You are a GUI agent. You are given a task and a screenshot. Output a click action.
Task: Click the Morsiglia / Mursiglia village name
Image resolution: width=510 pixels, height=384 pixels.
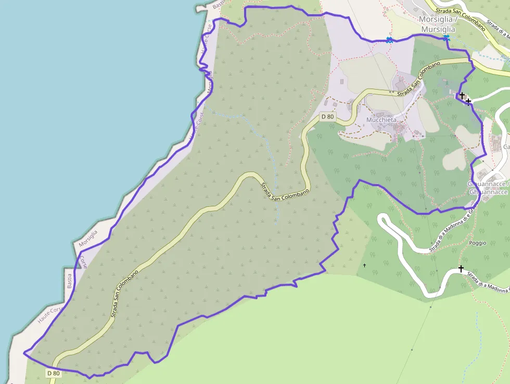[x=438, y=24]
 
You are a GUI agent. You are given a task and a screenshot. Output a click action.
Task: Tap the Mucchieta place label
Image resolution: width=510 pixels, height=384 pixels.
[x=381, y=120]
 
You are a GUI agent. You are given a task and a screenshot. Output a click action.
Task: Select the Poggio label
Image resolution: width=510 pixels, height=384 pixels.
[x=477, y=243]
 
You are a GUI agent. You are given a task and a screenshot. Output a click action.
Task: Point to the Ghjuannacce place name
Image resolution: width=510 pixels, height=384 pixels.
[x=488, y=188]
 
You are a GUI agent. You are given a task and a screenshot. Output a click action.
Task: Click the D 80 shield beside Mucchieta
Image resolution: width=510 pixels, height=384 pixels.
[x=327, y=117]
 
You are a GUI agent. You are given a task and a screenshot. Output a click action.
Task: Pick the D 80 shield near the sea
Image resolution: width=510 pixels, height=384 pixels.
[x=54, y=373]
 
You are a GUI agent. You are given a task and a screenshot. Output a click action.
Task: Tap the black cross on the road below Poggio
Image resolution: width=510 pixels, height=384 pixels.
[x=461, y=268]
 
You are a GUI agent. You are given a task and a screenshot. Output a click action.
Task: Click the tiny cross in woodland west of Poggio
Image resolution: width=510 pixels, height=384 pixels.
[x=364, y=266]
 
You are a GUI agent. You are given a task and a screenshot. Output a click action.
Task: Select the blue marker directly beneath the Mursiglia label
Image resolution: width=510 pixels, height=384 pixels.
[x=447, y=38]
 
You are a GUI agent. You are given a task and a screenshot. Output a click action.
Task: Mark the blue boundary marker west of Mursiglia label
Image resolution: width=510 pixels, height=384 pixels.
[x=389, y=40]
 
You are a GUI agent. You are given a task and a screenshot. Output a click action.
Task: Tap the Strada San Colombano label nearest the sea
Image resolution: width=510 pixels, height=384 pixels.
[x=125, y=294]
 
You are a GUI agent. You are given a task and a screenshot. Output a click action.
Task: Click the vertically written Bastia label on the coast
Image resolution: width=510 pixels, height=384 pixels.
[x=69, y=281]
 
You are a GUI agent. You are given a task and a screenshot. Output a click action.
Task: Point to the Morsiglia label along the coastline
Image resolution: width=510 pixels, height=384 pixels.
[x=88, y=237]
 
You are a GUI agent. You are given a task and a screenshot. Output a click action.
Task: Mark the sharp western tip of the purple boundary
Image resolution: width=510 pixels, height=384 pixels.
[x=24, y=353]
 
